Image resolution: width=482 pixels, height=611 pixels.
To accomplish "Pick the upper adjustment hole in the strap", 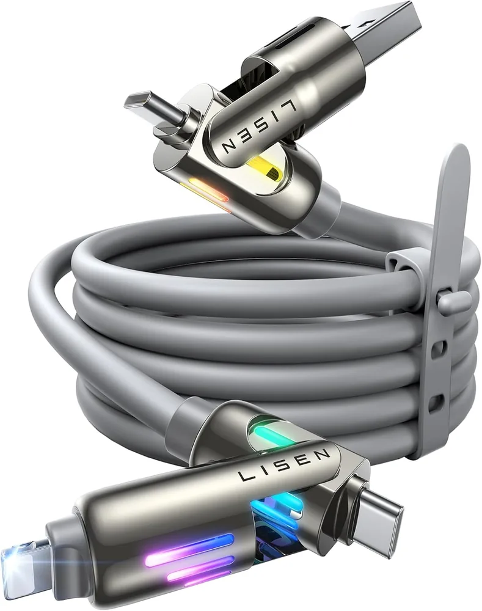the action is pyautogui.click(x=440, y=346).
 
